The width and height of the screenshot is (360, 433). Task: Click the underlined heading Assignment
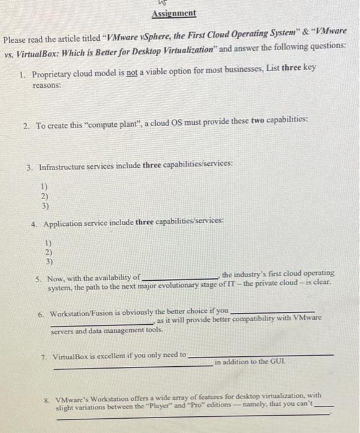pyautogui.click(x=174, y=14)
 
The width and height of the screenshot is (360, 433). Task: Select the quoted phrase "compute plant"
pyautogui.click(x=116, y=124)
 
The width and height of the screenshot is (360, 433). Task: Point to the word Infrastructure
pyautogui.click(x=65, y=167)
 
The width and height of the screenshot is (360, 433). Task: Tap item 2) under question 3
pyautogui.click(x=44, y=195)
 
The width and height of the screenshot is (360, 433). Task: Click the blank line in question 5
pyautogui.click(x=180, y=277)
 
